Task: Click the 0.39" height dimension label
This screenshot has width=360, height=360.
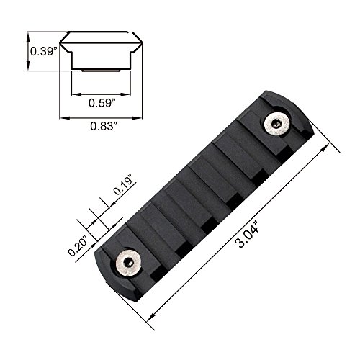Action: click(x=44, y=51)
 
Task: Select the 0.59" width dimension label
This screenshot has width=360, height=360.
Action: click(x=102, y=103)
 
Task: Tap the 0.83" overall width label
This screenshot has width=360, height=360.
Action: click(x=104, y=126)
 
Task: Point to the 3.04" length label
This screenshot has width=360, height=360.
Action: click(x=247, y=235)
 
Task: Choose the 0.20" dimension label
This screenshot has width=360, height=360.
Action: click(x=78, y=246)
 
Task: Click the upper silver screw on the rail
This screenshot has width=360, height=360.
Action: click(x=277, y=125)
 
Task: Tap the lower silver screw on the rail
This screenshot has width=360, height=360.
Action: click(x=128, y=264)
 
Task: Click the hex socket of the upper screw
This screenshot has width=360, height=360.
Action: click(x=275, y=124)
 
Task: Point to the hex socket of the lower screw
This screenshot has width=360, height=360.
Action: click(x=130, y=263)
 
